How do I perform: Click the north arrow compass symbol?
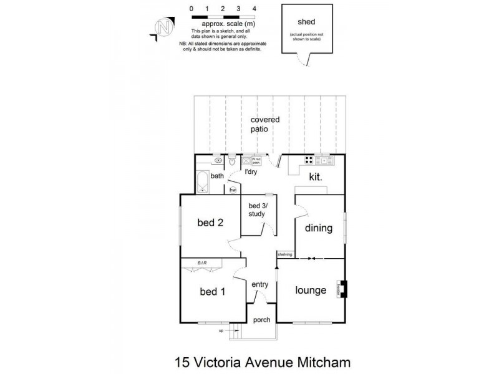tap(164, 27)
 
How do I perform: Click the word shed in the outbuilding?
tap(306, 21)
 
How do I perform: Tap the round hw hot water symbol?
tap(233, 189)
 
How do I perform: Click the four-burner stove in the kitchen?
tap(308, 161)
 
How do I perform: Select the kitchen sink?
tap(325, 161)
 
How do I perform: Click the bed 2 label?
tap(210, 222)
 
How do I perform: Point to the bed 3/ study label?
tap(256, 210)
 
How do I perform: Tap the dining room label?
tap(319, 228)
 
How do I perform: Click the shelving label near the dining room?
tap(285, 254)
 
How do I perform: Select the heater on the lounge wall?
tap(342, 289)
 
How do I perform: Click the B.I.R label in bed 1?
tap(202, 262)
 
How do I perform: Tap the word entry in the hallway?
tap(259, 284)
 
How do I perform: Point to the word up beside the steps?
tap(220, 331)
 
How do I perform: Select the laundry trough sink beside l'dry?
tap(247, 160)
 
